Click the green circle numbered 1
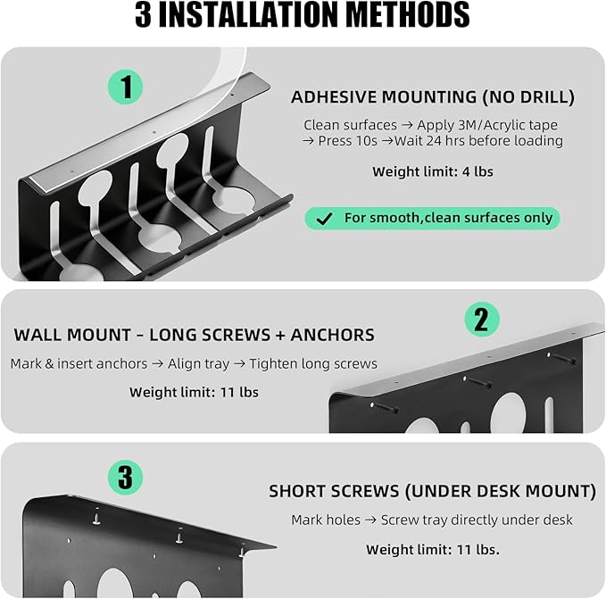point(125,87)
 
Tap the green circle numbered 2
point(482,320)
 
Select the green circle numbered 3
point(125,478)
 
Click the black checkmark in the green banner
point(324,219)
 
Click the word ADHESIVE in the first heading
point(334,97)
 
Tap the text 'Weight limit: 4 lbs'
point(433,171)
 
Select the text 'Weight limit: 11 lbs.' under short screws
point(433,550)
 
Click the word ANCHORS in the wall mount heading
point(332,335)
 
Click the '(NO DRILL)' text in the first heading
point(528,97)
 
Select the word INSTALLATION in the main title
point(248,14)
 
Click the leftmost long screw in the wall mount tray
point(384,408)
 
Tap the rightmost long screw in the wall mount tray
point(561,359)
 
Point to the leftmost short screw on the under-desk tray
point(96,516)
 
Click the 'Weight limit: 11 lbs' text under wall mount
point(194,392)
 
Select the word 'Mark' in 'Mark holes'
point(306,520)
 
